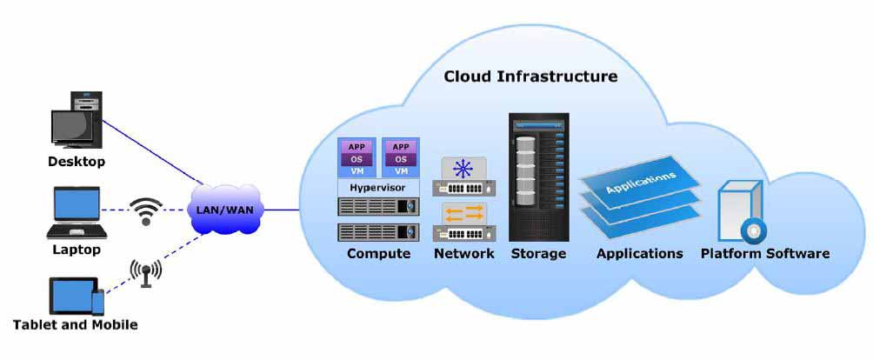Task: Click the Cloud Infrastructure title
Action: pos(530,77)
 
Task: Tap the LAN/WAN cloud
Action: pos(226,210)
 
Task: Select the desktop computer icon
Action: pos(77,120)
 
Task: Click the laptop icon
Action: pos(77,212)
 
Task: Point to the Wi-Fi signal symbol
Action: pos(146,211)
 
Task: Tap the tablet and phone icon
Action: pos(77,296)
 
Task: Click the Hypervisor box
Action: pos(378,188)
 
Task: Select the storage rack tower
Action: pos(538,177)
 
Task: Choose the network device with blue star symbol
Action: pos(464,177)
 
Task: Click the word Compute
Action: pos(378,254)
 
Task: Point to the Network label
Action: pos(463,254)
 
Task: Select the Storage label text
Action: pos(538,254)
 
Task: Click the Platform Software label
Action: pos(765,254)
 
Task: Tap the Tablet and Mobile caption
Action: pos(75,324)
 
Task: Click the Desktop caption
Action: pos(77,162)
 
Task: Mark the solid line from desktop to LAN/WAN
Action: pos(152,151)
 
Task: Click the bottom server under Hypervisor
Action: pos(378,232)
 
